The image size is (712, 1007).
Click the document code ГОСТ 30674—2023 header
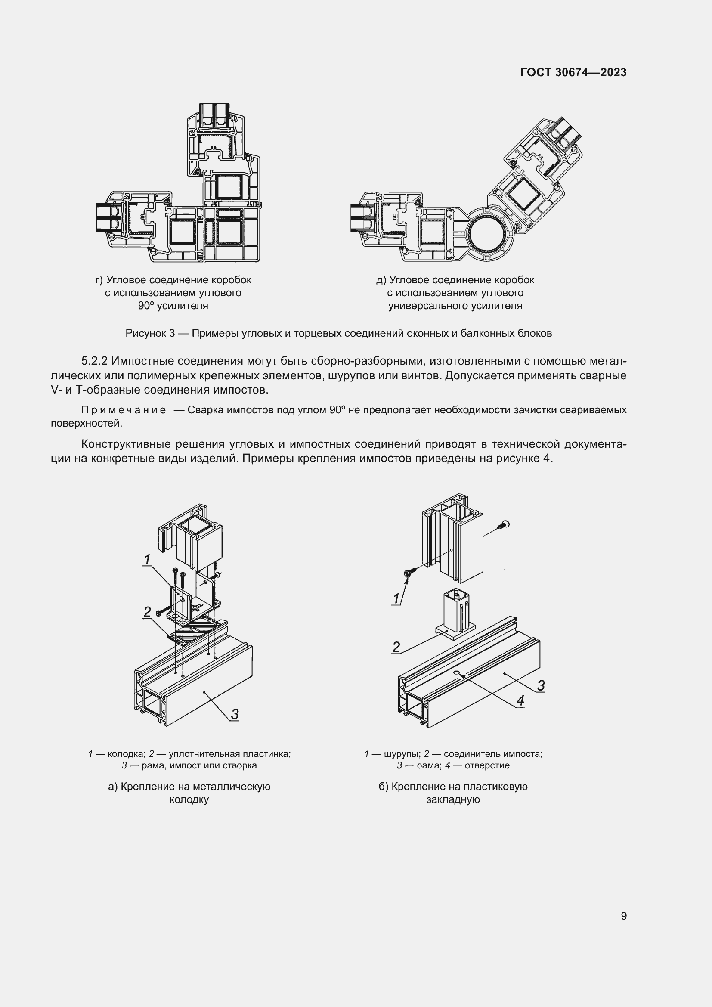click(573, 73)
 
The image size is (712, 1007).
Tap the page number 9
click(623, 916)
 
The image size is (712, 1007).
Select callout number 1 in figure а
click(147, 559)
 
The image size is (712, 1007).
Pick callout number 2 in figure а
click(147, 612)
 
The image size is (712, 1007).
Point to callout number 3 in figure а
click(235, 714)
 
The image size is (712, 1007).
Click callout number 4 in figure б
click(520, 701)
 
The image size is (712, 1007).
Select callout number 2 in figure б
click(396, 647)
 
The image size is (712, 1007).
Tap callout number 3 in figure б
click(541, 685)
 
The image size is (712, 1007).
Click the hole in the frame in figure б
click(457, 673)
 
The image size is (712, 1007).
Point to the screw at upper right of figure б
click(505, 524)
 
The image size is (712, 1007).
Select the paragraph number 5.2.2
click(94, 361)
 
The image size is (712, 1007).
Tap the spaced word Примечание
click(124, 410)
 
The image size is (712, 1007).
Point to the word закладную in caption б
click(453, 799)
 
